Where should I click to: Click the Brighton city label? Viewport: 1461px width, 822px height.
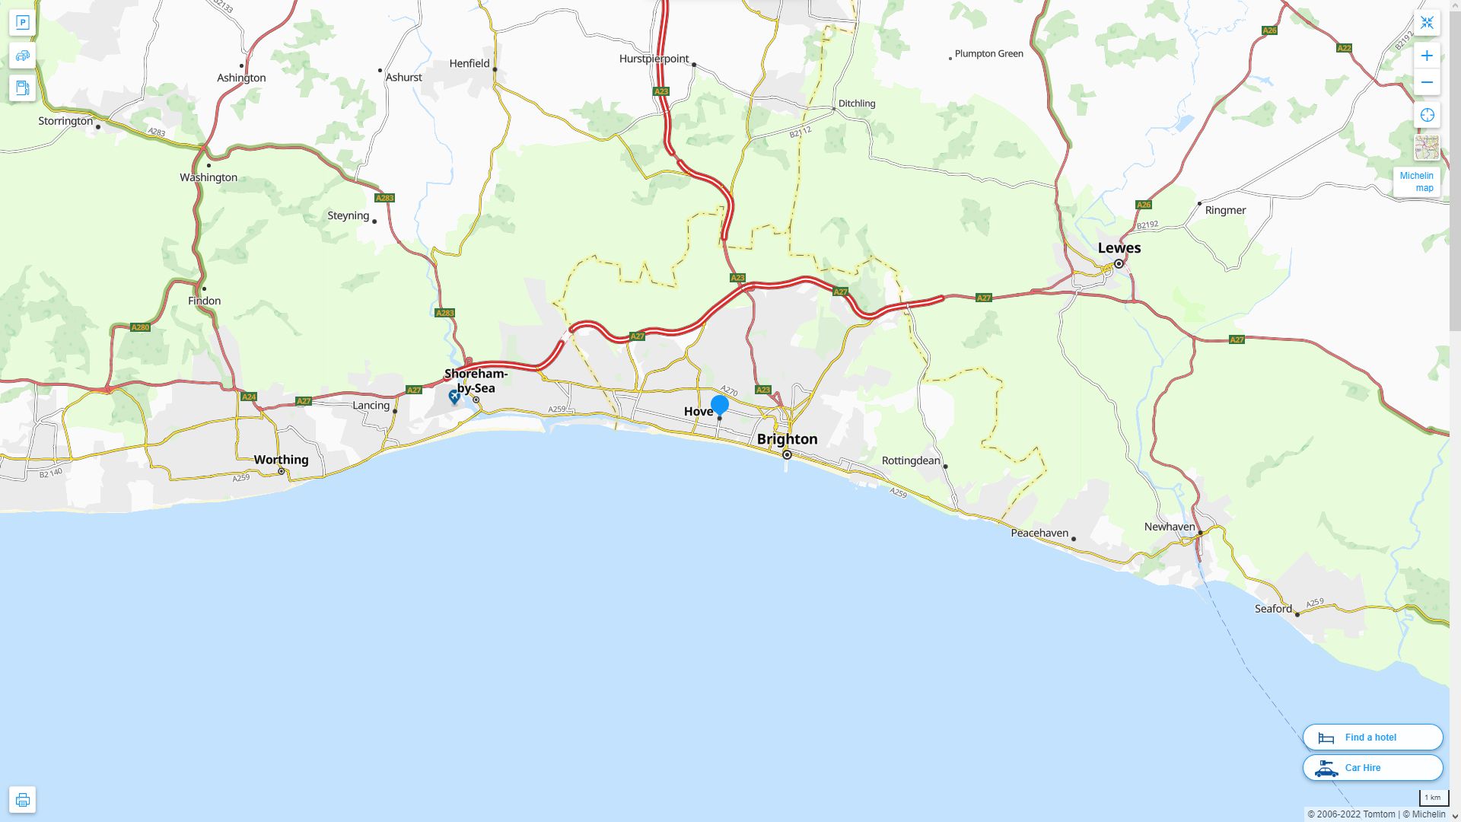tap(787, 439)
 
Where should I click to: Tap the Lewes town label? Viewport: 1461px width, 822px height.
tap(1119, 248)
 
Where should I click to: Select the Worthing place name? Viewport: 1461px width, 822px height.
tap(281, 460)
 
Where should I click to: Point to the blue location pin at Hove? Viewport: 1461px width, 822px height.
tap(719, 405)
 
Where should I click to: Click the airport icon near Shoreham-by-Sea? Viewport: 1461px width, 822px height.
tap(454, 397)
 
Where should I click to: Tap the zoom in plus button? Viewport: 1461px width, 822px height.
tap(1427, 56)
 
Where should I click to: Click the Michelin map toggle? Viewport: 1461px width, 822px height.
tap(1416, 182)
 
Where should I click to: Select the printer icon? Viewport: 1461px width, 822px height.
tap(22, 800)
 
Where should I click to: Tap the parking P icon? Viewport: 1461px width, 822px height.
tap(22, 22)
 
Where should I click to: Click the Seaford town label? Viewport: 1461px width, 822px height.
tap(1273, 609)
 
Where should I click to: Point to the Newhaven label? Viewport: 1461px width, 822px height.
tap(1170, 527)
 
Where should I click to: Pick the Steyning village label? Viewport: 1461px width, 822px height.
tap(348, 215)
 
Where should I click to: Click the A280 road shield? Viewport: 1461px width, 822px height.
tap(140, 328)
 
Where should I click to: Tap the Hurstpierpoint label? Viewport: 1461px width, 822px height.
tap(654, 59)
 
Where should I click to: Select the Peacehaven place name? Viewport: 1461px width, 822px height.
tap(1039, 533)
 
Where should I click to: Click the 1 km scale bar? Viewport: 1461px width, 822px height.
tap(1433, 798)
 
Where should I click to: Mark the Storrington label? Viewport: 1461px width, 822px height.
tap(65, 121)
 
